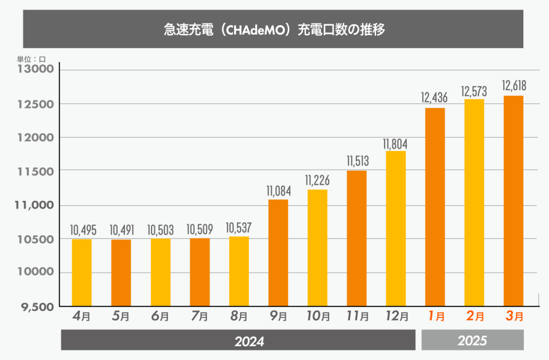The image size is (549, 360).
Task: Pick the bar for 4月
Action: [x=81, y=272]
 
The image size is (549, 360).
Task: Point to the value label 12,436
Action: [x=434, y=98]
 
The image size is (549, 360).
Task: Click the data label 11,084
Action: [x=278, y=190]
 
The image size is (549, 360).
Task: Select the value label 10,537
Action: [x=239, y=227]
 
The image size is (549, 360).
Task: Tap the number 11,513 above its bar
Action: [x=357, y=161]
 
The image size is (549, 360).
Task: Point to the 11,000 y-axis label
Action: [x=34, y=206]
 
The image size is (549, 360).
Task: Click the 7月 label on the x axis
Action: [x=199, y=317]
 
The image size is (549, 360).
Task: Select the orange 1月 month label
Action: [x=435, y=317]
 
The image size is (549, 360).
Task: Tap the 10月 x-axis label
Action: [x=317, y=317]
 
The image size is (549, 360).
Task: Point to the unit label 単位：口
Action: [x=31, y=59]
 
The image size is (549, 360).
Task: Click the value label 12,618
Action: [x=514, y=86]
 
